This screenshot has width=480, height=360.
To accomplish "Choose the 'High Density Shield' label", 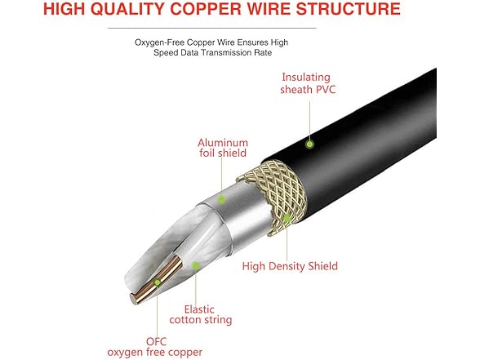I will click(x=290, y=265).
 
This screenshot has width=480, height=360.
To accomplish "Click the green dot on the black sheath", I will click(x=309, y=144).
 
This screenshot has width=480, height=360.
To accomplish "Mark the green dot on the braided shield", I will click(x=287, y=218).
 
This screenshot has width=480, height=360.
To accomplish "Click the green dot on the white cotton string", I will click(x=196, y=265).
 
